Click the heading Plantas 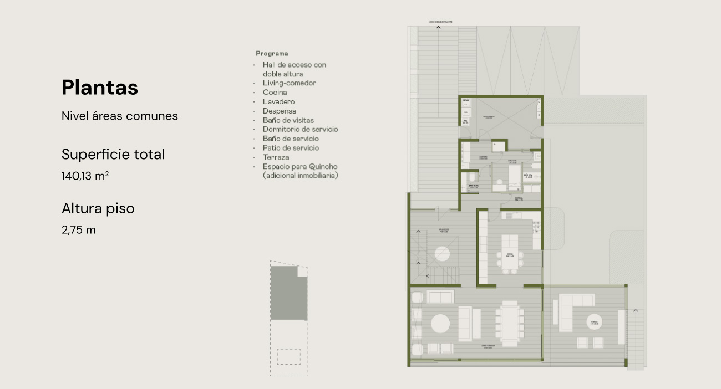(100, 88)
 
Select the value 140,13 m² (85, 176)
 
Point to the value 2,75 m (79, 230)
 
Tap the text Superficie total (113, 155)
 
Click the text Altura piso (98, 209)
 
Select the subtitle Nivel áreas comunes (120, 116)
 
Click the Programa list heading (272, 54)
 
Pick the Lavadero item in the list (278, 102)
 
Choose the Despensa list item (280, 111)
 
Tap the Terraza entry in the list (276, 157)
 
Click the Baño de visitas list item (288, 120)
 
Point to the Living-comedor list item (289, 83)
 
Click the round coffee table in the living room (441, 324)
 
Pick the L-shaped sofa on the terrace (571, 310)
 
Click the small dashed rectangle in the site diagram (288, 356)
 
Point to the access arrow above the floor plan (438, 27)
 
